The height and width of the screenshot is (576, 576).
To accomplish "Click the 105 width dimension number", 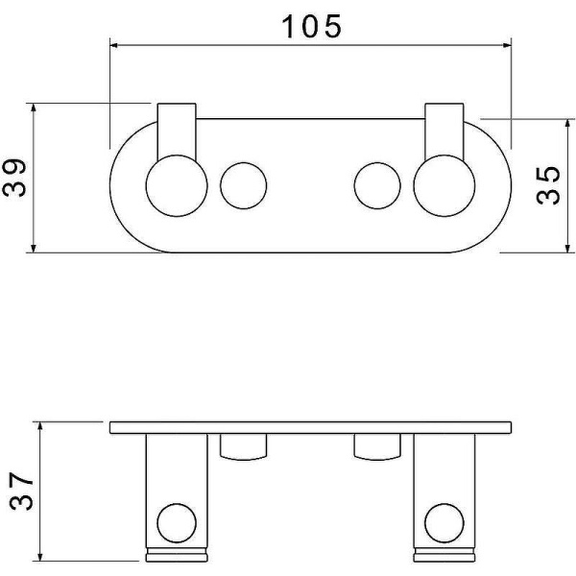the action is pyautogui.click(x=311, y=27).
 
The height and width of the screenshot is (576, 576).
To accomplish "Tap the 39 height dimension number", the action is pyautogui.click(x=14, y=178).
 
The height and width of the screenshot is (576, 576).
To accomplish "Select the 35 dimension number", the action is pyautogui.click(x=548, y=185).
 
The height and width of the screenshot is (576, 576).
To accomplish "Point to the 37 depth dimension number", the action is pyautogui.click(x=21, y=492).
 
